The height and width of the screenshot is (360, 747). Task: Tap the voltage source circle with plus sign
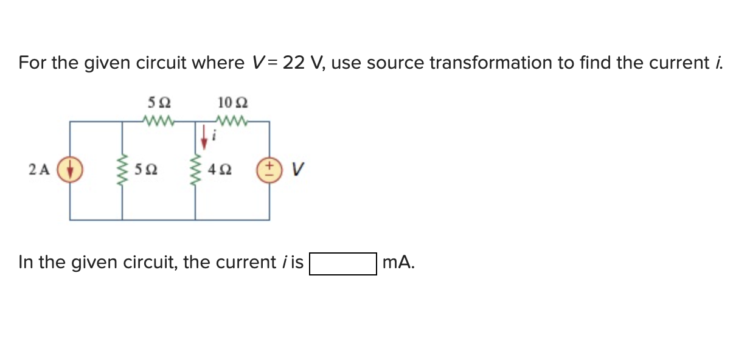pos(269,170)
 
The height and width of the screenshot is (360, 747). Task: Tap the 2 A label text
pos(40,170)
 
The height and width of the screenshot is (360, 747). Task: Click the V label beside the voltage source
pos(296,170)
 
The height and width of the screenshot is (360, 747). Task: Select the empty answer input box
pos(343,264)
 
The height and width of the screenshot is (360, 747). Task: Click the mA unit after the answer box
pos(399,263)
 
